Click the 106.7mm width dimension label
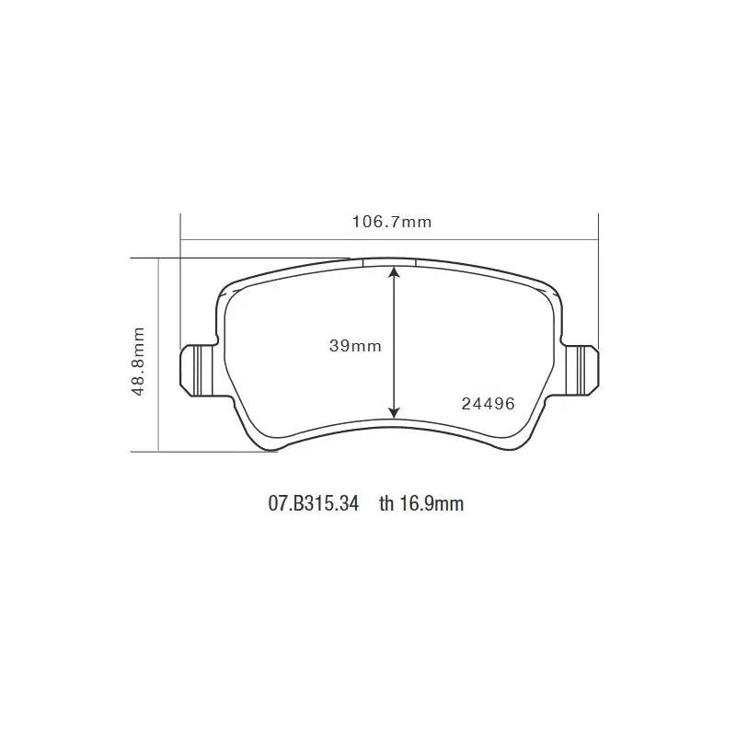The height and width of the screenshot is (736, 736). point(392,222)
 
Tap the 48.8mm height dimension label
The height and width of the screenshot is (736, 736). point(139,362)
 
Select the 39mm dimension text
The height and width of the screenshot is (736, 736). point(355,346)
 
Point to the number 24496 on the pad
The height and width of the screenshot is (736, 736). point(489,404)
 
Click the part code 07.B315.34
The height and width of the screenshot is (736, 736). point(314,503)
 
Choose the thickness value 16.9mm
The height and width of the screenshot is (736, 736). point(431,503)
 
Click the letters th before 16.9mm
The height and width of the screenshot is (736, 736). point(386,503)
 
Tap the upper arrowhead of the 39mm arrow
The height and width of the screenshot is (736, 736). point(395,272)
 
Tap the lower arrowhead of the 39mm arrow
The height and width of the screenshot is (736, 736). point(395,411)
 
